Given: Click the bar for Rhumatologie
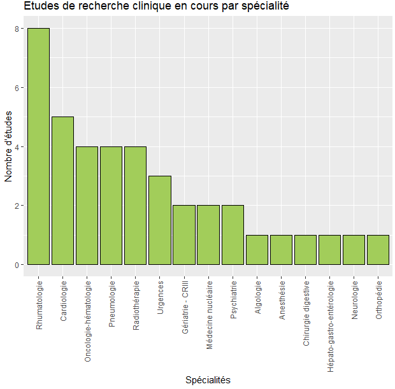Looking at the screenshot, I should click(38, 146).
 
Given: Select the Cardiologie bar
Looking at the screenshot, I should click(62, 190).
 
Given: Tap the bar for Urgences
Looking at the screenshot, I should click(159, 220).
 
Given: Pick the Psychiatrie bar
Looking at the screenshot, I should click(233, 235).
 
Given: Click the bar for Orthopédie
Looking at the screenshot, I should click(378, 250).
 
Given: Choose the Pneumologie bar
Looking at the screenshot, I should click(111, 206).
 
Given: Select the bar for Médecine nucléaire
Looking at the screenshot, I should click(208, 235).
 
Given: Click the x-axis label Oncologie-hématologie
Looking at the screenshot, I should click(87, 321).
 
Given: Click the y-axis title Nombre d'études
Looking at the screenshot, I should click(9, 146).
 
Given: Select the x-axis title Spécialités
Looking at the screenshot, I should click(208, 379).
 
